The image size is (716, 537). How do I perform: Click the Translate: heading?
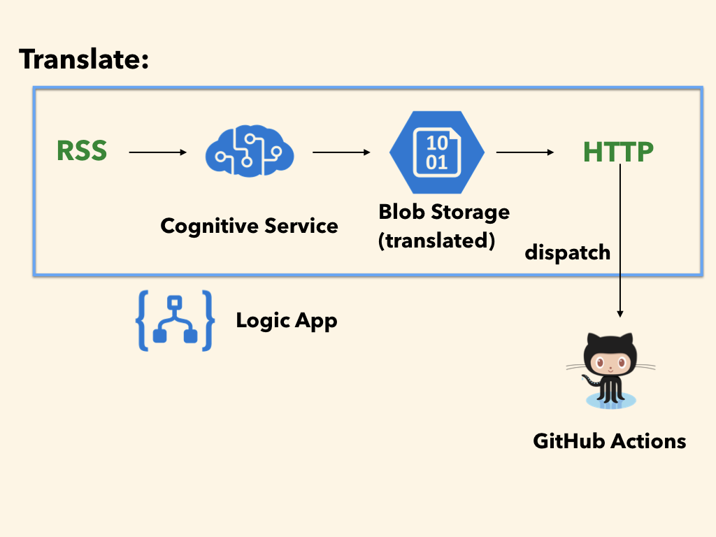84,59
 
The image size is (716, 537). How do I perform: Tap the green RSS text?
82,151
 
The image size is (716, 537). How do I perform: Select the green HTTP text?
618,152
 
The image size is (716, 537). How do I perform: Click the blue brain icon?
250,151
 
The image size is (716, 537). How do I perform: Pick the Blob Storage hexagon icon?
436,152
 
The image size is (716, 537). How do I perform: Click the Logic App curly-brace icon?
175,320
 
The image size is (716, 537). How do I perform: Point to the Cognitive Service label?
250,226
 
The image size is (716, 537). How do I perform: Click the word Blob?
402,212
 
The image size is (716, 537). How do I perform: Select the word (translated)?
436,241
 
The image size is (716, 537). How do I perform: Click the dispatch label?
568,252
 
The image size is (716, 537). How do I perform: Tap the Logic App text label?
287,321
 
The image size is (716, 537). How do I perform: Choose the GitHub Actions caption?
610,441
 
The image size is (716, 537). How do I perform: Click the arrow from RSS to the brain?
158,152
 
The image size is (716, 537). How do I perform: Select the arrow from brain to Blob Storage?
341,152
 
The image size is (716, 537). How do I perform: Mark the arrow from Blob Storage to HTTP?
525,152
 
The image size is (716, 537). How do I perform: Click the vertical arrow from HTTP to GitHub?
620,241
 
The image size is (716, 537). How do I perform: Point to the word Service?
301,226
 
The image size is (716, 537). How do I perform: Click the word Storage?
471,213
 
